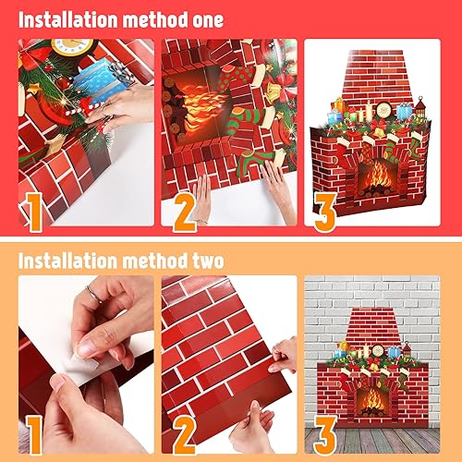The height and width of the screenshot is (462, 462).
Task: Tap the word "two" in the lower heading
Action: [x=199, y=260]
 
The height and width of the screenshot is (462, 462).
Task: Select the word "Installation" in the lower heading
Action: [x=63, y=260]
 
